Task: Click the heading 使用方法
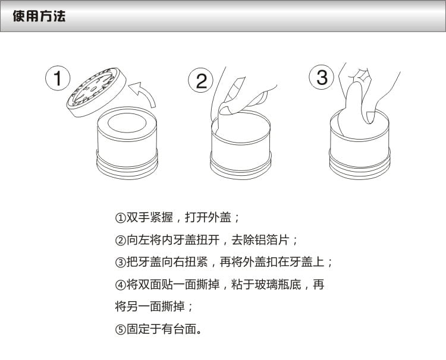pos(39,16)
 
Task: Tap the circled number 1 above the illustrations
pos(58,78)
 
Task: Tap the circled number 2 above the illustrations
pos(200,80)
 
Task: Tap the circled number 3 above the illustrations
pos(322,77)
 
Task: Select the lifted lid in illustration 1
pos(96,91)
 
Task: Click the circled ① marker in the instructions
pos(120,218)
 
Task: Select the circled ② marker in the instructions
pos(120,241)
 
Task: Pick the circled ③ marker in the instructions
pos(120,262)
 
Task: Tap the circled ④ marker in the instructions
pos(120,285)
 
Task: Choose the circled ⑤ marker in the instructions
pos(120,330)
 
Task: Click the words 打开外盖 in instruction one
pos(208,217)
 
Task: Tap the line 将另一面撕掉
pos(150,307)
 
